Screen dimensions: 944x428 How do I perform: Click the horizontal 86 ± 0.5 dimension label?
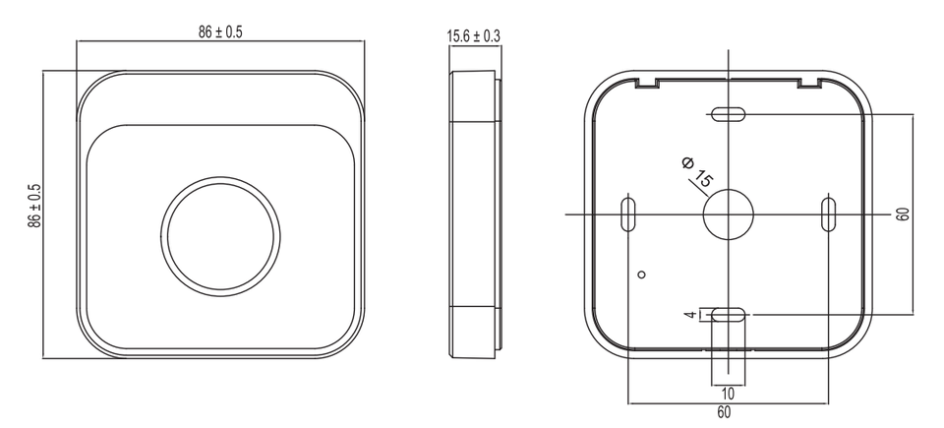[220, 32]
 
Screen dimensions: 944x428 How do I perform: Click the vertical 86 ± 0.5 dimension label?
[35, 206]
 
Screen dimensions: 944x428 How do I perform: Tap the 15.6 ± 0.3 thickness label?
[473, 36]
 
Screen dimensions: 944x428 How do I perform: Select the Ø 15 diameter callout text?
[697, 171]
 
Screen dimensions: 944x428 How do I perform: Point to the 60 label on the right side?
[902, 214]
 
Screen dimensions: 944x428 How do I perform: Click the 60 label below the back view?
[725, 413]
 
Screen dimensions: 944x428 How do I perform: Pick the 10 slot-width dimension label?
[728, 395]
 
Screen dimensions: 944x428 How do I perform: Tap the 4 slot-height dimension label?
[691, 315]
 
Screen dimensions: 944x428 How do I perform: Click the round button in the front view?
[220, 236]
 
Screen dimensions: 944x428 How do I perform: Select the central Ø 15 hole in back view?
[729, 214]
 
